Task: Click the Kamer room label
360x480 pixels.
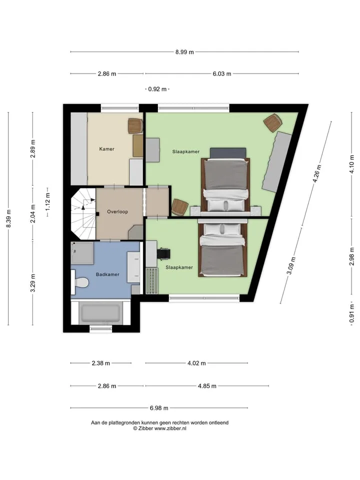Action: coord(106,149)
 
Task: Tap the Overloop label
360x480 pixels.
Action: coord(117,211)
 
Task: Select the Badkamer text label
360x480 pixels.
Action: coord(107,274)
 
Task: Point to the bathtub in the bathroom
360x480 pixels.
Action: coord(100,313)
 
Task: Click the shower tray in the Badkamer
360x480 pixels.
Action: coord(82,253)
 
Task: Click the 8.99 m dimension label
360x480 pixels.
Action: coord(184,52)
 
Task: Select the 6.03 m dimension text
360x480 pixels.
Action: coord(222,74)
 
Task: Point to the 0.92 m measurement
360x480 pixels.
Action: coord(157,89)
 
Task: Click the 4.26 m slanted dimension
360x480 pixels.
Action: coord(317,173)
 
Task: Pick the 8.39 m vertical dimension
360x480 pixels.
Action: coord(8,218)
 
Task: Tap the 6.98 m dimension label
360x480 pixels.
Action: coord(159,408)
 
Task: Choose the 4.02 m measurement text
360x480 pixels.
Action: coord(196,363)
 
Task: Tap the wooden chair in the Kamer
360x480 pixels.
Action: coord(135,126)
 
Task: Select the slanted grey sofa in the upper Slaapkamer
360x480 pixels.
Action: coord(276,161)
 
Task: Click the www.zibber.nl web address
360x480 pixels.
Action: coord(170,428)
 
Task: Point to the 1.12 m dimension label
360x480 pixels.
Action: coord(47,201)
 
